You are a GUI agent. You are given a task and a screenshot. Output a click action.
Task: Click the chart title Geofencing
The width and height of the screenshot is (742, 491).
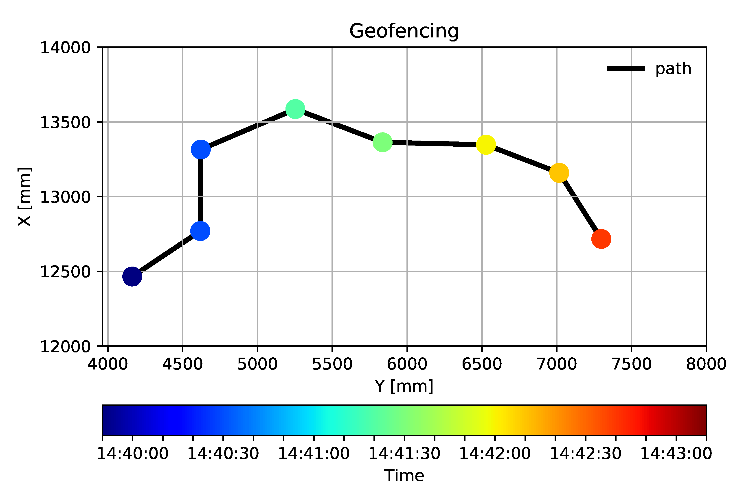(x=404, y=31)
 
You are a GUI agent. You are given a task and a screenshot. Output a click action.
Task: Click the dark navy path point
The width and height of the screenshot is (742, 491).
(x=132, y=276)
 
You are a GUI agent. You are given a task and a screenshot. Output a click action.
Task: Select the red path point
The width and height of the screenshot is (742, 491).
(x=601, y=239)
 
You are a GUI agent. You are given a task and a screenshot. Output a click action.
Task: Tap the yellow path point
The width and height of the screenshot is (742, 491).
(x=485, y=145)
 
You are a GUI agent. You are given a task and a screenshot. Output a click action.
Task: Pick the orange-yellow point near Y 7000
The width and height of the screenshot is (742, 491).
(x=559, y=173)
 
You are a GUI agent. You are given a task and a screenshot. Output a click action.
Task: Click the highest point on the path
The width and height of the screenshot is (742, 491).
(x=295, y=109)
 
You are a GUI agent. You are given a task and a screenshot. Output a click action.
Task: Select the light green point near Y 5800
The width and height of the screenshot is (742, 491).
(x=382, y=142)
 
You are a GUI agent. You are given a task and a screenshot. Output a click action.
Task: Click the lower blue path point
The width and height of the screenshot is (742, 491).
(x=200, y=231)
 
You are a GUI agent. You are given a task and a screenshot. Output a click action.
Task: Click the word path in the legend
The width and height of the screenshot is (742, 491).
(x=673, y=69)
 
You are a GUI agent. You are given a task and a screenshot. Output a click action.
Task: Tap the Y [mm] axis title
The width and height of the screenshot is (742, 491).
(x=404, y=386)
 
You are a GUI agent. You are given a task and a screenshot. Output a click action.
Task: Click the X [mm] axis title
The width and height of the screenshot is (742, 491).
(x=24, y=197)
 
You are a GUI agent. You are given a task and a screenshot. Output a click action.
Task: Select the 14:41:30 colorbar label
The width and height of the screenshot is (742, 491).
(x=404, y=453)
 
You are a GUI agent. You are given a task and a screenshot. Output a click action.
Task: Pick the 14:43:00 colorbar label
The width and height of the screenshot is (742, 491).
(x=676, y=453)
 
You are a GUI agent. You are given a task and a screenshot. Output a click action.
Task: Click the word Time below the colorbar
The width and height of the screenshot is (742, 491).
(x=404, y=475)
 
